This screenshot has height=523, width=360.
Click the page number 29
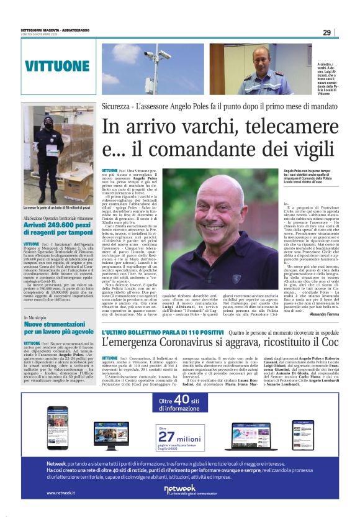click(326, 33)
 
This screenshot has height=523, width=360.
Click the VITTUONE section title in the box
click(58, 66)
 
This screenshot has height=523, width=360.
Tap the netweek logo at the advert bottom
click(179, 491)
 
